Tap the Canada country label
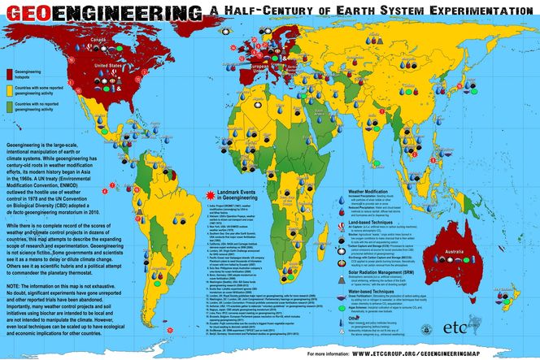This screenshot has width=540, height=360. tap(98, 38)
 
